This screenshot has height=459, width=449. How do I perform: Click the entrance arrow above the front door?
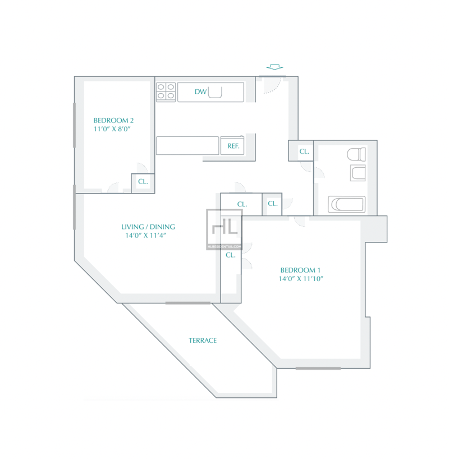tap(274, 67)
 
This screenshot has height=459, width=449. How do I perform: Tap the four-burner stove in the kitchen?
tap(166, 92)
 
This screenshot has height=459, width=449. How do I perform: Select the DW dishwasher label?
tap(200, 91)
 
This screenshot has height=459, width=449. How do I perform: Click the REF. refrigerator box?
tap(232, 145)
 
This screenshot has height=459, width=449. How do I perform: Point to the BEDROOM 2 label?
tap(113, 120)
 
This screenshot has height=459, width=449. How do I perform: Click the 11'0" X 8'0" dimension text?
tap(112, 129)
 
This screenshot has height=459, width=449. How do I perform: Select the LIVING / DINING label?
tap(148, 227)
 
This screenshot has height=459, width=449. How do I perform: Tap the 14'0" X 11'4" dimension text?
tap(145, 235)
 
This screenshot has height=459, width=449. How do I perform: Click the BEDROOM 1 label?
tap(300, 270)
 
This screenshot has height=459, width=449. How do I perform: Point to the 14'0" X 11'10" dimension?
tap(301, 278)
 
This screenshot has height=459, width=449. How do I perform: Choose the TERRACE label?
tap(203, 341)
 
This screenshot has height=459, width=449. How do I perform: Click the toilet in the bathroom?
tap(356, 154)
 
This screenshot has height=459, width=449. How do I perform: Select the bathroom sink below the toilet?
tap(358, 173)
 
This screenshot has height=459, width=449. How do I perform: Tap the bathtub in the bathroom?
tap(346, 204)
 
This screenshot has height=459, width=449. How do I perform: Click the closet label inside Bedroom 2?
tap(143, 181)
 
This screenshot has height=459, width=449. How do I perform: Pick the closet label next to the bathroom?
tap(304, 152)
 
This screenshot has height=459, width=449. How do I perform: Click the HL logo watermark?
tap(224, 229)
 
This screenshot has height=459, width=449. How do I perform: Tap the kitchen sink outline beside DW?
tap(215, 92)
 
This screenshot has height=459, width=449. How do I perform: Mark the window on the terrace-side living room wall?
tap(188, 303)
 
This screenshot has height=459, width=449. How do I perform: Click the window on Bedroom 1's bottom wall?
tap(318, 368)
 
